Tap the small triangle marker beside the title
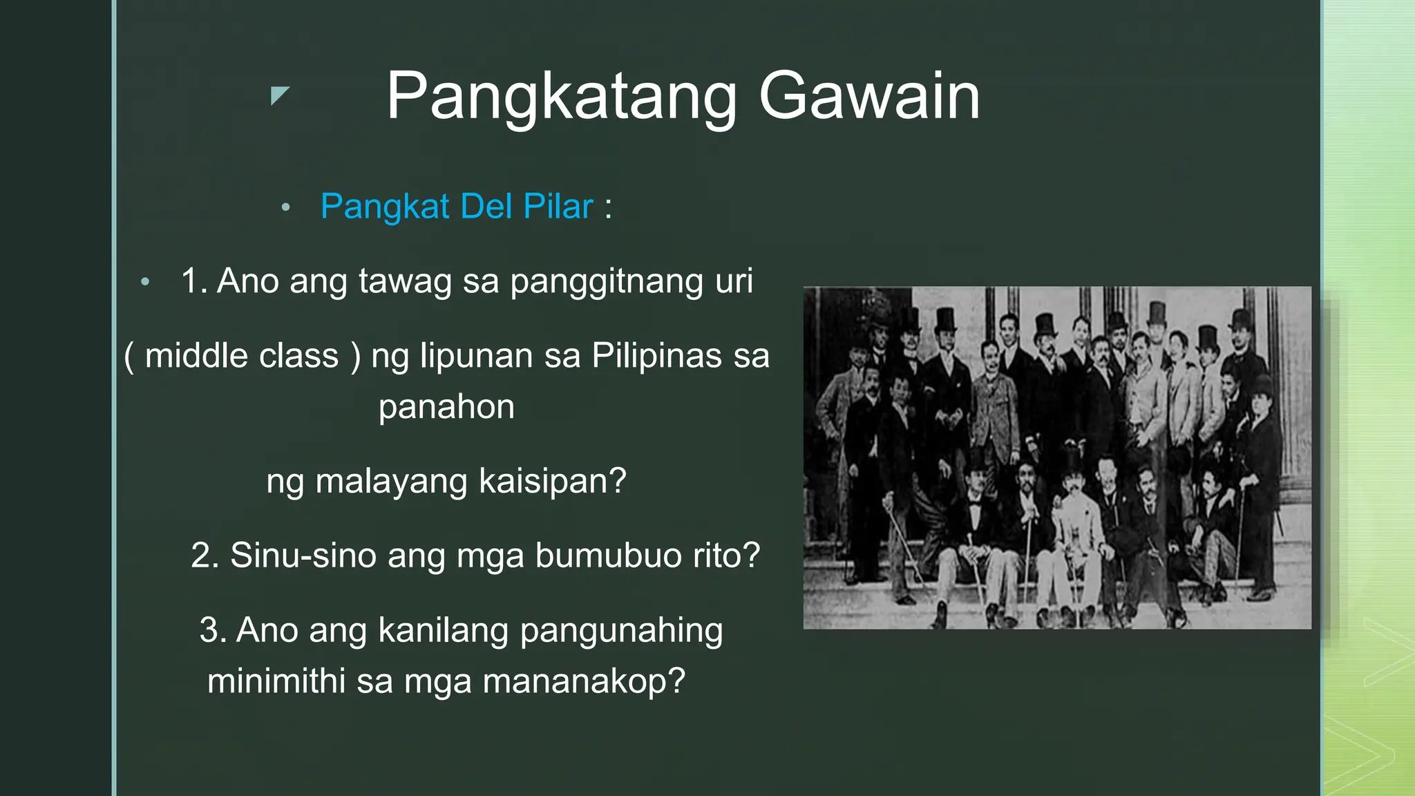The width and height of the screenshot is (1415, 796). click(x=278, y=95)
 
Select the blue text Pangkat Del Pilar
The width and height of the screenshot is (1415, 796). click(x=457, y=207)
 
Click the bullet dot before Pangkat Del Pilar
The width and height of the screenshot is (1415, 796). click(x=285, y=207)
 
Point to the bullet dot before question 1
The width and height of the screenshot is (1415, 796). click(x=144, y=281)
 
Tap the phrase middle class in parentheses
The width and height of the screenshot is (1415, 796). click(x=242, y=357)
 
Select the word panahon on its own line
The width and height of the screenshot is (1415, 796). click(x=446, y=407)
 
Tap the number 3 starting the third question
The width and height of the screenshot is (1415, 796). click(x=209, y=630)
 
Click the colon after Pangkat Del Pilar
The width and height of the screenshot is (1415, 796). click(x=608, y=207)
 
